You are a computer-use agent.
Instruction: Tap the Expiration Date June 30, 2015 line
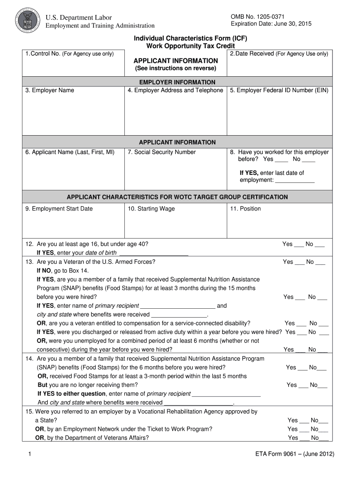pos(271,24)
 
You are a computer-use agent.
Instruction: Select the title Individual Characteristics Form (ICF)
pos(190,38)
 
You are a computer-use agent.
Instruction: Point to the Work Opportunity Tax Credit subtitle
pos(190,46)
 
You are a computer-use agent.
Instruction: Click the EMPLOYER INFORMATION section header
pos(177,82)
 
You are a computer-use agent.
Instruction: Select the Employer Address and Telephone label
pos(175,90)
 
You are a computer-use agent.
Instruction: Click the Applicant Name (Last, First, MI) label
pos(70,152)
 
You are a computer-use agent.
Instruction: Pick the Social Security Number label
pos(162,152)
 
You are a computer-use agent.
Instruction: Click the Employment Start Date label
pos(59,209)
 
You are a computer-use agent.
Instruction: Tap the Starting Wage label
pos(151,209)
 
